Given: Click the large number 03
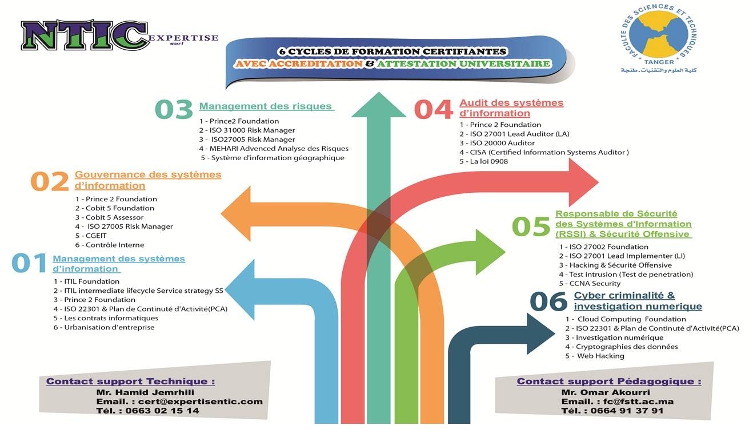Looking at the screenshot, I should click(174, 110).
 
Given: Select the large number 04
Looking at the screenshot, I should click(433, 110).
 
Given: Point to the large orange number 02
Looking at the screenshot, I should click(49, 181).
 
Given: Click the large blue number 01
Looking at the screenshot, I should click(29, 264).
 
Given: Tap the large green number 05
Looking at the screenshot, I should click(531, 227).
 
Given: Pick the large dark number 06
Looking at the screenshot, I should click(548, 302).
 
